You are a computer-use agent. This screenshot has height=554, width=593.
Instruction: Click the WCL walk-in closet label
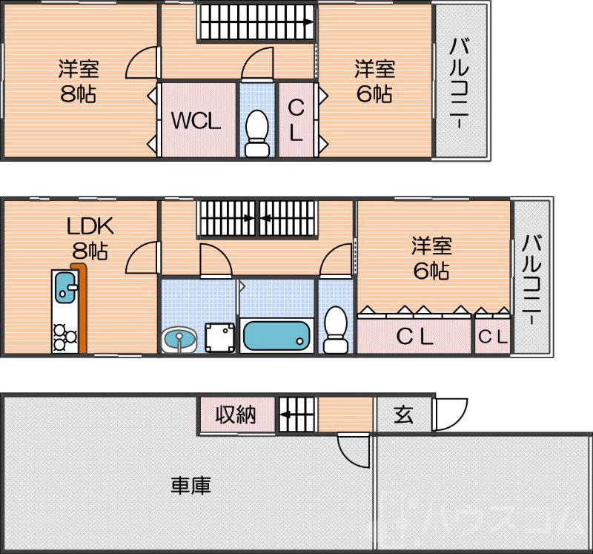point(196,121)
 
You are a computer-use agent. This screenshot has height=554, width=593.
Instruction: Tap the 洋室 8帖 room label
point(79,82)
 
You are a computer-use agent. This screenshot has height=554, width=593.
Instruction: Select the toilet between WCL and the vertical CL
point(257,133)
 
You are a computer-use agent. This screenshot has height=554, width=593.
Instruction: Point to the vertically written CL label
point(295,121)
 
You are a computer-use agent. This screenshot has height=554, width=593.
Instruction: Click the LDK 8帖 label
point(89,237)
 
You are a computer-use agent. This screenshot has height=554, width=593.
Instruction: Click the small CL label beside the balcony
point(493,337)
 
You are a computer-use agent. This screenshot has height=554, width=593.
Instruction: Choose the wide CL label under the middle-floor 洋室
point(414,337)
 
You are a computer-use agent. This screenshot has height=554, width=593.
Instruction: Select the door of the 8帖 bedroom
point(143,63)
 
